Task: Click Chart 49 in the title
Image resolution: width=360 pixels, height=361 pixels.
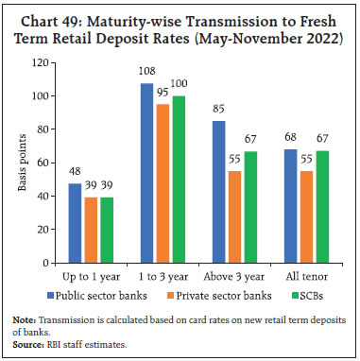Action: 57,12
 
